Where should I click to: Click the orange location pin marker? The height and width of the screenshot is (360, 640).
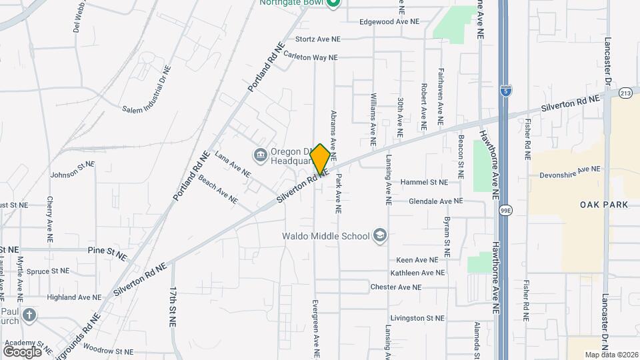click(320, 159)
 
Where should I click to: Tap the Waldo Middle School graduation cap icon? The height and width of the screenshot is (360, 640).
click(379, 235)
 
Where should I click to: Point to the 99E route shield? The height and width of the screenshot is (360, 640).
click(506, 210)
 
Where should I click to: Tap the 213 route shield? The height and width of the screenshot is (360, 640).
click(625, 93)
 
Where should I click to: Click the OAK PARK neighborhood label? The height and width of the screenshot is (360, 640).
click(603, 205)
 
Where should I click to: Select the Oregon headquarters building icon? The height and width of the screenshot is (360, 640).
click(260, 155)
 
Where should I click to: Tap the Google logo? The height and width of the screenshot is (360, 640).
click(22, 351)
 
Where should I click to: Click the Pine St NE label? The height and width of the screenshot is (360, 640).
click(107, 253)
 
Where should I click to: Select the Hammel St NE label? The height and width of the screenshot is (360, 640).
click(423, 182)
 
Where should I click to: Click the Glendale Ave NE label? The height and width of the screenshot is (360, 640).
click(435, 201)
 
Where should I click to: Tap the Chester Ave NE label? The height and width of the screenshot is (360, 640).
click(396, 287)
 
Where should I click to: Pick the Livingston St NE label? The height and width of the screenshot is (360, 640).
click(417, 318)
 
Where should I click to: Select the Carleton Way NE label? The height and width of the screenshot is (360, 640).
click(311, 57)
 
